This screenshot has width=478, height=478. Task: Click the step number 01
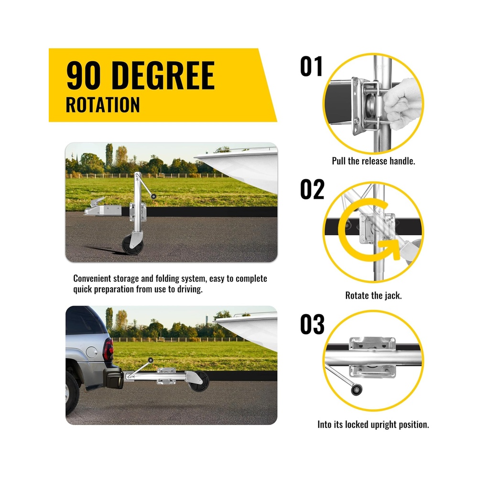tap(311, 66)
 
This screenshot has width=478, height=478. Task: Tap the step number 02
tap(312, 189)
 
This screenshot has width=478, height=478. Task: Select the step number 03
tap(312, 324)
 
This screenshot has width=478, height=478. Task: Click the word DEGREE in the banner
tap(163, 76)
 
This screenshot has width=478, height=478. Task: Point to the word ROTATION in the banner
tap(103, 105)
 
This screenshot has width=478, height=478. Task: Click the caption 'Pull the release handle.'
tap(373, 161)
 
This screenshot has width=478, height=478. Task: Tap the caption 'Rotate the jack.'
tap(373, 295)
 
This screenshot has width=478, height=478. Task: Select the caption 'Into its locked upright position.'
tap(373, 424)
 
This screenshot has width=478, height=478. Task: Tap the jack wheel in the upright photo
tap(132, 244)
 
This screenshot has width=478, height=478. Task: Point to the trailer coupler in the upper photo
tap(102, 207)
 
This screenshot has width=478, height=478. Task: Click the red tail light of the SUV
tap(108, 349)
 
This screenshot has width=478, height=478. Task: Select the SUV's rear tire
tap(72, 393)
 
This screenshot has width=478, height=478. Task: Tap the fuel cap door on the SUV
tap(91, 352)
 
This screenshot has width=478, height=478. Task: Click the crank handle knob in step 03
tap(356, 390)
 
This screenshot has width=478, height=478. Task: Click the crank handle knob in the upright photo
tap(153, 196)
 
